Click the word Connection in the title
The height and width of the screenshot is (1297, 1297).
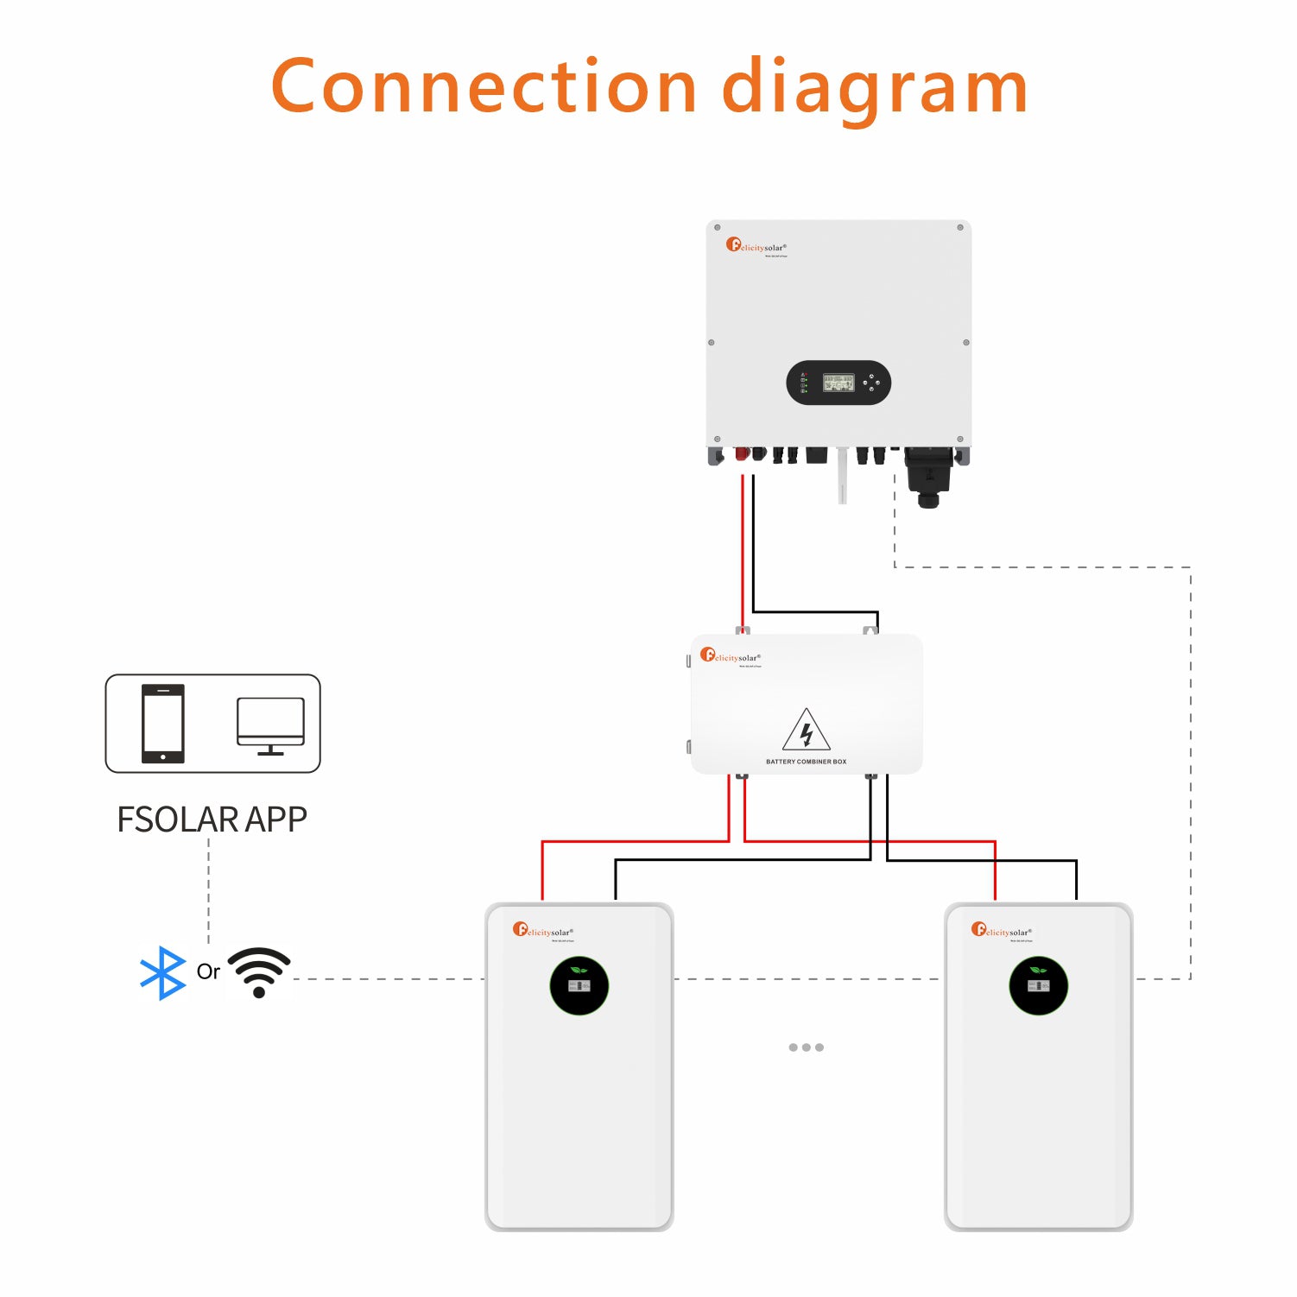coord(484,86)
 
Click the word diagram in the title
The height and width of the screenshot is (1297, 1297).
coord(874,90)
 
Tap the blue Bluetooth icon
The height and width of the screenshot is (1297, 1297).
coord(162,973)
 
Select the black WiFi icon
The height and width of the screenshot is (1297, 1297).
coord(259,971)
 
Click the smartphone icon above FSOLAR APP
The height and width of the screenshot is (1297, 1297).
coord(163,724)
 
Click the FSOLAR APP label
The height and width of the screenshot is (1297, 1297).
coord(212,819)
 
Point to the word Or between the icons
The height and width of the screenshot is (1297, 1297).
coord(208,971)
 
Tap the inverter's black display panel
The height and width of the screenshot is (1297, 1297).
coord(838,383)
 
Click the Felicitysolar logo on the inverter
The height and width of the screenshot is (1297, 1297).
coord(756,246)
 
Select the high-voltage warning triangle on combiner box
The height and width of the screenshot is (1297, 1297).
coord(806,731)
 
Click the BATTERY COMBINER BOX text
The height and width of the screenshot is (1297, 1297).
coord(806,762)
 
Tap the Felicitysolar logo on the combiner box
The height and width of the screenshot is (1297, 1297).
coord(730,656)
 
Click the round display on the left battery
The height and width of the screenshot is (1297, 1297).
coord(579,985)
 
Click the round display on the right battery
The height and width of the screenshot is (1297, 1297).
coord(1038,985)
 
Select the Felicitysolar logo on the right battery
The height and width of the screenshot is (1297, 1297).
coord(1001,930)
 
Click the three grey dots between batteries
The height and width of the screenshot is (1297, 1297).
coord(806,1047)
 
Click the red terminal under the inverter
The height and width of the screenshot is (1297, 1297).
coord(741,454)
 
